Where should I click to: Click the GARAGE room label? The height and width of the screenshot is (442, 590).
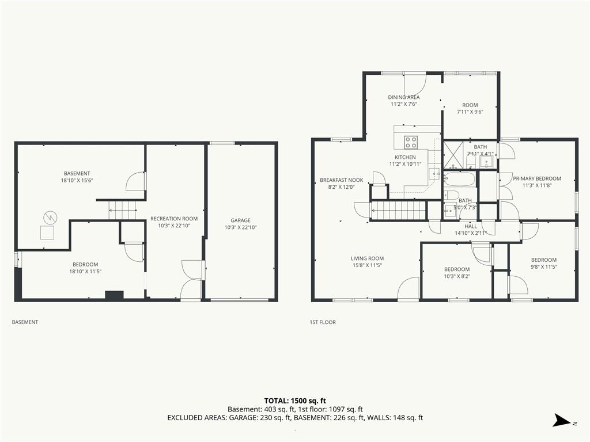(240, 220)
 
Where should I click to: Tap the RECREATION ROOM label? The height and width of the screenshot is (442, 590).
(174, 218)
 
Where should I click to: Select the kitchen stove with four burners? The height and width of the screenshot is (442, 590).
(410, 142)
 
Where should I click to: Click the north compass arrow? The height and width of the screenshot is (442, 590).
(562, 420)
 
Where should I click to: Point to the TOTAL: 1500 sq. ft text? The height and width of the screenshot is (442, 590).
(295, 401)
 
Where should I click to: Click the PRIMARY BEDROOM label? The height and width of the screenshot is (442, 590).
(537, 178)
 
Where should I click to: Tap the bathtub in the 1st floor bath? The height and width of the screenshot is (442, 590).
(459, 179)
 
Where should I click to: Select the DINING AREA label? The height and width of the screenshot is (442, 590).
(404, 97)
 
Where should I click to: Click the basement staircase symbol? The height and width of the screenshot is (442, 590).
(122, 209)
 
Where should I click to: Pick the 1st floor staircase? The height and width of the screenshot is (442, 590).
(399, 210)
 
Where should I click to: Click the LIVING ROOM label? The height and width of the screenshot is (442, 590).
(367, 258)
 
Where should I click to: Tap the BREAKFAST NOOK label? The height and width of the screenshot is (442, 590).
(341, 180)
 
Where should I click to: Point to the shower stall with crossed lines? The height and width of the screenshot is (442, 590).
(453, 155)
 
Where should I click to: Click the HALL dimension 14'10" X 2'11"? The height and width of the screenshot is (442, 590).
(471, 233)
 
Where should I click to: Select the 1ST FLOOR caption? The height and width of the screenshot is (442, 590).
(323, 322)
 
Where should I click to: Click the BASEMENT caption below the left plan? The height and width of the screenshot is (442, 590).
(25, 322)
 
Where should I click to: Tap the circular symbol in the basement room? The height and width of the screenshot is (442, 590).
(50, 217)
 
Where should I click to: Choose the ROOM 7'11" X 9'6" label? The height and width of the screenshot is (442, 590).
(470, 108)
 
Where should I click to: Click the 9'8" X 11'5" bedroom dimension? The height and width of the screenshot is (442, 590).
(544, 267)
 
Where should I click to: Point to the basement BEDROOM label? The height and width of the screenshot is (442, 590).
(85, 264)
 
